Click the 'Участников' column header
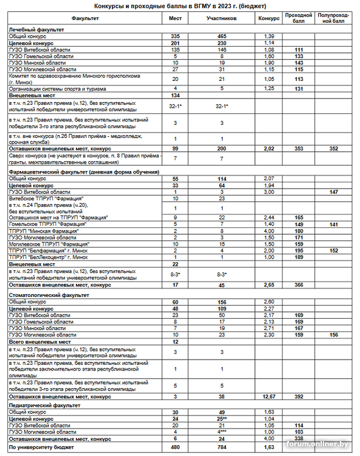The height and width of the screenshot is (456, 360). tap(221, 18)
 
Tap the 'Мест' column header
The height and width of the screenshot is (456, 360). tap(176, 18)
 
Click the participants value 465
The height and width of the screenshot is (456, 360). tap(221, 36)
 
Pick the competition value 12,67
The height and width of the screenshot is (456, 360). tap(269, 396)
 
